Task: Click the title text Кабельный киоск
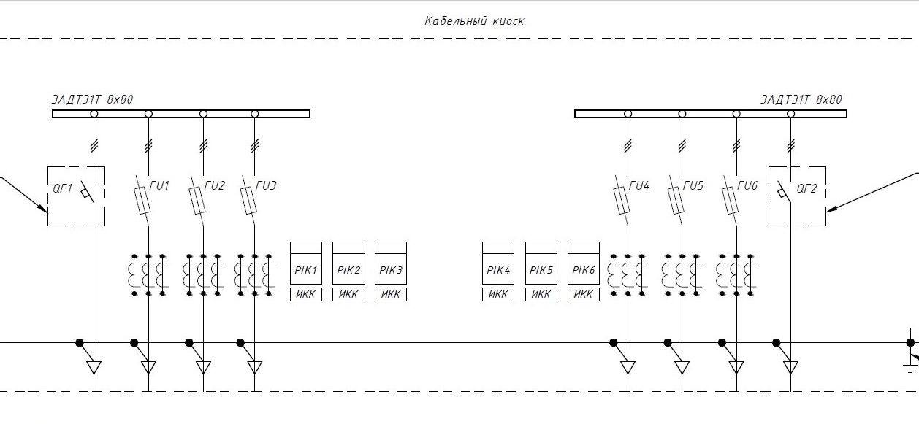pyautogui.click(x=474, y=21)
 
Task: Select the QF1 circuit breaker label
pyautogui.click(x=62, y=188)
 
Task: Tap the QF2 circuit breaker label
pyautogui.click(x=806, y=188)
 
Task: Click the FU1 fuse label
pyautogui.click(x=159, y=185)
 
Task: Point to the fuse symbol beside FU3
pyautogui.click(x=248, y=201)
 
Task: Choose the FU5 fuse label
pyautogui.click(x=693, y=185)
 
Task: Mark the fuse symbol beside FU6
pyautogui.click(x=730, y=201)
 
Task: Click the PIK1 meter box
pyautogui.click(x=306, y=263)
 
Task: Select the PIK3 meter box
pyautogui.click(x=391, y=263)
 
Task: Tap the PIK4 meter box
pyautogui.click(x=498, y=263)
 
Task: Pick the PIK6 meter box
pyautogui.click(x=584, y=263)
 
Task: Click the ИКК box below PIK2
pyautogui.click(x=348, y=294)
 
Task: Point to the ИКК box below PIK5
pyautogui.click(x=541, y=294)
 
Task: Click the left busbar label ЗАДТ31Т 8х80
pyautogui.click(x=92, y=99)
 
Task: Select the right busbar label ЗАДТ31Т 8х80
pyautogui.click(x=801, y=99)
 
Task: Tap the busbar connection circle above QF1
pyautogui.click(x=94, y=114)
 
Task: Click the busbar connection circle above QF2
pyautogui.click(x=790, y=114)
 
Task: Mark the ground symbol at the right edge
pyautogui.click(x=910, y=369)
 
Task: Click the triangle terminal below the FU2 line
pyautogui.click(x=203, y=367)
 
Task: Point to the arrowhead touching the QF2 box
pyautogui.click(x=831, y=209)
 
